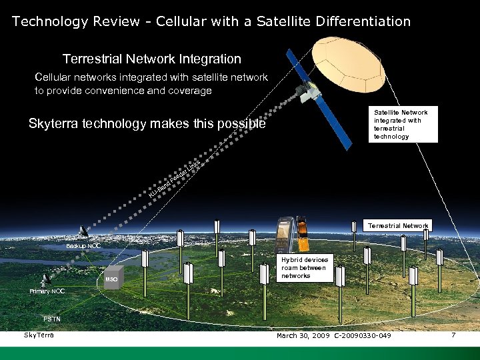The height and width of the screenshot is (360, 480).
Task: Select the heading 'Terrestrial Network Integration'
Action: pyautogui.click(x=151, y=59)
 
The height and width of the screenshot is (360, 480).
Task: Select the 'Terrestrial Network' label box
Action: pyautogui.click(x=398, y=226)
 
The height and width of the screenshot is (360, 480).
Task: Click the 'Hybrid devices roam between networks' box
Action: pyautogui.click(x=303, y=267)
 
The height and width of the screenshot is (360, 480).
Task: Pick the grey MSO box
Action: pyautogui.click(x=113, y=279)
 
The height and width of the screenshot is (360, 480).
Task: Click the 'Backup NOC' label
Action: pyautogui.click(x=83, y=246)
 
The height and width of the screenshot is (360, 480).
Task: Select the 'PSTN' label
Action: pyautogui.click(x=51, y=319)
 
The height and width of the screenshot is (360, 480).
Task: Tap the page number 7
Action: pyautogui.click(x=453, y=335)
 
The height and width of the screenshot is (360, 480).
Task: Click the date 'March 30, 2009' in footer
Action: pyautogui.click(x=303, y=335)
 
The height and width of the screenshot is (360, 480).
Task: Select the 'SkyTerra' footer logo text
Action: pyautogui.click(x=39, y=334)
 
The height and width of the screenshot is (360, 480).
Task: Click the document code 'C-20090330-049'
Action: pyautogui.click(x=363, y=335)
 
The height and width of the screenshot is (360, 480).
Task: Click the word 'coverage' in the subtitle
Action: pyautogui.click(x=187, y=91)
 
